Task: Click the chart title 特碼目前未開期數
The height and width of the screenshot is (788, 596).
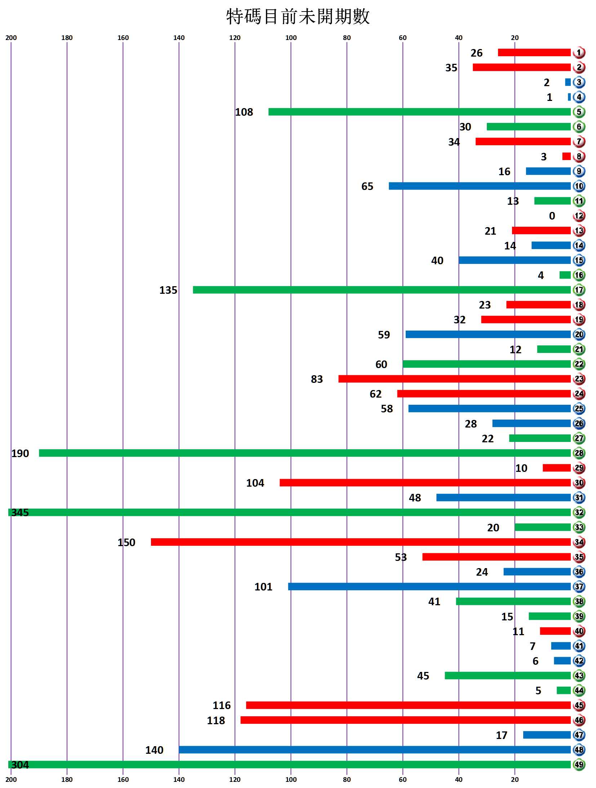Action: pyautogui.click(x=298, y=17)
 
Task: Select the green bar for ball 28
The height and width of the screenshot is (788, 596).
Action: pyautogui.click(x=304, y=453)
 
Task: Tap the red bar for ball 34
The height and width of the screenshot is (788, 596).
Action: pyautogui.click(x=360, y=542)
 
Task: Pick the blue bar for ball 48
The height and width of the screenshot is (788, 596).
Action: pyautogui.click(x=375, y=749)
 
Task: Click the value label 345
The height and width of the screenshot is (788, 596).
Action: pyautogui.click(x=20, y=512)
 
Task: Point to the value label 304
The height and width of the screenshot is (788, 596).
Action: pyautogui.click(x=20, y=765)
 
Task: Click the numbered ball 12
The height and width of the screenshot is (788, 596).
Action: pyautogui.click(x=579, y=216)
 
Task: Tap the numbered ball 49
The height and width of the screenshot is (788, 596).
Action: pyautogui.click(x=579, y=764)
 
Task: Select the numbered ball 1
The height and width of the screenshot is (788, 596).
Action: pyautogui.click(x=579, y=53)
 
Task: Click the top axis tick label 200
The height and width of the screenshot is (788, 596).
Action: pyautogui.click(x=11, y=37)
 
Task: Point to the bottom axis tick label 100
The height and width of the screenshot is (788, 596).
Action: pyautogui.click(x=291, y=779)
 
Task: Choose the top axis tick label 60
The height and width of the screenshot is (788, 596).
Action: pyautogui.click(x=402, y=37)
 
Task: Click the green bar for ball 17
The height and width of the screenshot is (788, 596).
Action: pyautogui.click(x=382, y=290)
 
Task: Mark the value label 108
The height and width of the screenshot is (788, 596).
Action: pyautogui.click(x=244, y=112)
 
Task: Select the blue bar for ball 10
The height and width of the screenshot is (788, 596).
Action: pyautogui.click(x=480, y=186)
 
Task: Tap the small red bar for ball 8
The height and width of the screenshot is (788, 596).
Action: pyautogui.click(x=566, y=156)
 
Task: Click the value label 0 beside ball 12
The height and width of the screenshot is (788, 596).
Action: pyautogui.click(x=552, y=216)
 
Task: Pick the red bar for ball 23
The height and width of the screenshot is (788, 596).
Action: pyautogui.click(x=454, y=379)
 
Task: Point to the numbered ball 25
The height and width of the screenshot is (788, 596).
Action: pyautogui.click(x=579, y=408)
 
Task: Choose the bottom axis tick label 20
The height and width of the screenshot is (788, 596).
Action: pyautogui.click(x=515, y=779)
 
